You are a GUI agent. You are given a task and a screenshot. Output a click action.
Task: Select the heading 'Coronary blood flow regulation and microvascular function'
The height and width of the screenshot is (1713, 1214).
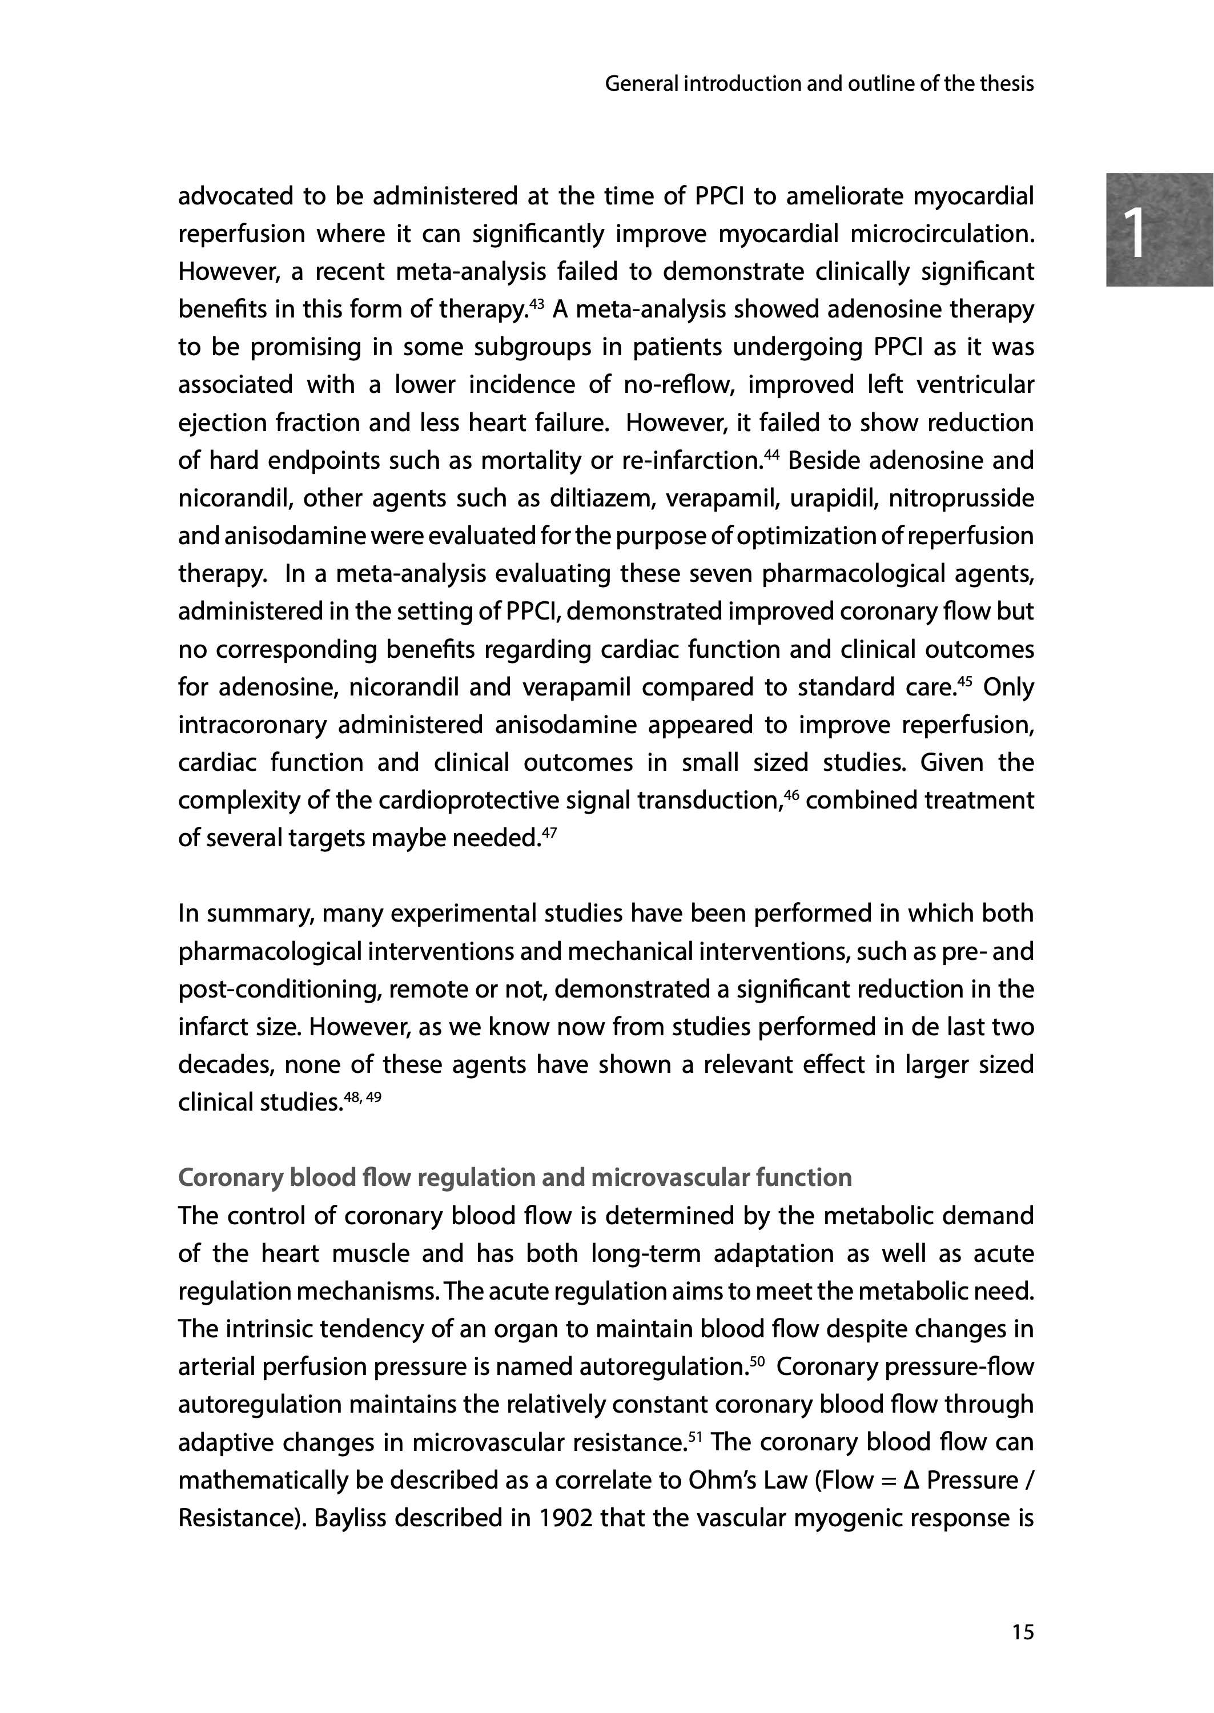[x=514, y=1177]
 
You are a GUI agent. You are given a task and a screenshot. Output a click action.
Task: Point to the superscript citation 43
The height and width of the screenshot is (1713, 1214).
[x=537, y=303]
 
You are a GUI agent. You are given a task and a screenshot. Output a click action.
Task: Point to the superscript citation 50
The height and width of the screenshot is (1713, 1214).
[x=757, y=1360]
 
